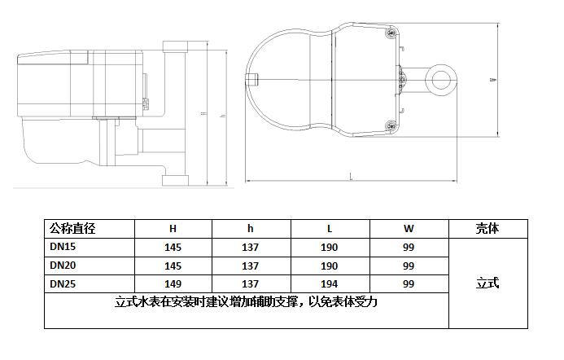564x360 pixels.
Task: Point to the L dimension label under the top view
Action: click(x=351, y=176)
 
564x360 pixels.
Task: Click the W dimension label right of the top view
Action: click(x=492, y=80)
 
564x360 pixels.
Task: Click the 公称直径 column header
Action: click(x=78, y=229)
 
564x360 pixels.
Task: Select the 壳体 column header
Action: click(x=487, y=229)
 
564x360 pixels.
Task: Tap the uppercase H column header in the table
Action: click(x=173, y=229)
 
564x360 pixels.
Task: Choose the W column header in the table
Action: click(x=409, y=229)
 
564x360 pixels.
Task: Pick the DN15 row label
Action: click(x=63, y=247)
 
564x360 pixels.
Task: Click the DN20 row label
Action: click(x=63, y=265)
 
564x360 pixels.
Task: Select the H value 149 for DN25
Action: click(x=173, y=284)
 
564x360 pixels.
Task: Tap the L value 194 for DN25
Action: click(x=330, y=284)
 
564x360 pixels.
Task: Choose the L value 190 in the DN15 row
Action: click(x=330, y=248)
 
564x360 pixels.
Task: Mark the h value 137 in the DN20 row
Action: click(x=251, y=266)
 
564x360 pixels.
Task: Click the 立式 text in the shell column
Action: click(x=487, y=283)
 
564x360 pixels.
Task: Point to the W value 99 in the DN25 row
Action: click(x=409, y=284)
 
